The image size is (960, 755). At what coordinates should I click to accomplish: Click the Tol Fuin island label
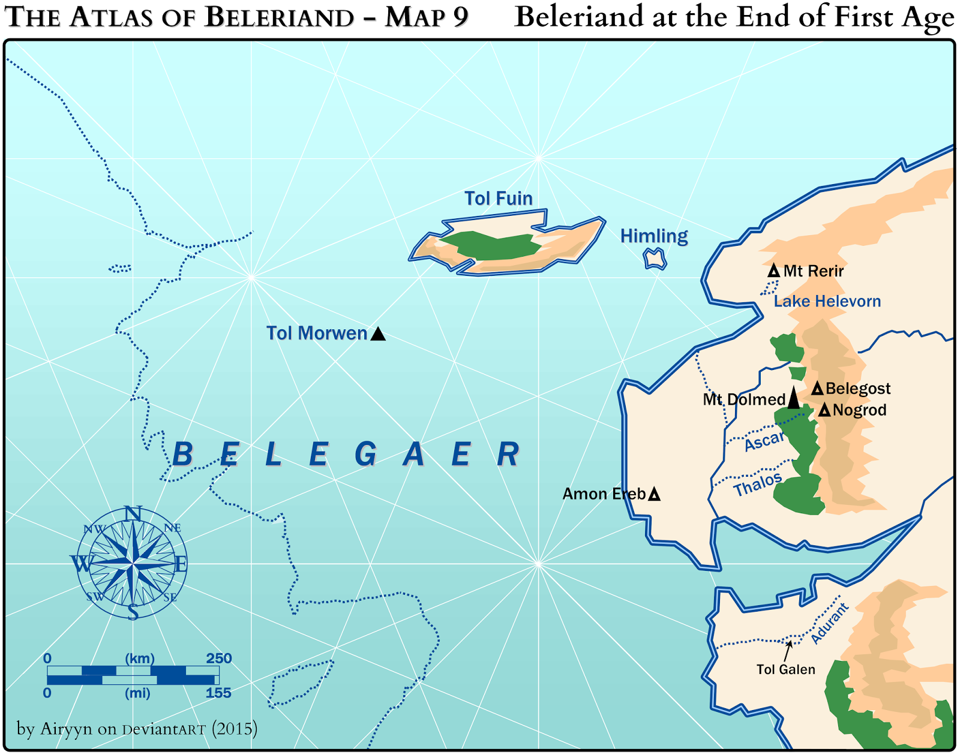click(499, 198)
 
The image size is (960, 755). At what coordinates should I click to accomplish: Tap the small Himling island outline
click(655, 260)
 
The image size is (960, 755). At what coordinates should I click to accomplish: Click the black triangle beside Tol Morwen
click(378, 334)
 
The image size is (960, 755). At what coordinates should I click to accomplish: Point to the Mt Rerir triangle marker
click(774, 271)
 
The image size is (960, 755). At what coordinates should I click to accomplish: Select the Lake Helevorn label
click(827, 301)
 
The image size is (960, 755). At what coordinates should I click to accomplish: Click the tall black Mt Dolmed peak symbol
click(793, 398)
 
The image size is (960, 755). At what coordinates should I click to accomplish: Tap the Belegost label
click(858, 389)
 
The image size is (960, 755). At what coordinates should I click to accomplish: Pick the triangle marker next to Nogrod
click(824, 410)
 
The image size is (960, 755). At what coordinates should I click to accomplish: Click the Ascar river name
click(764, 442)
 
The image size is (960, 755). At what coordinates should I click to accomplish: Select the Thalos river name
click(758, 484)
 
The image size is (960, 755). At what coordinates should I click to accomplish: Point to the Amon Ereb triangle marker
click(655, 495)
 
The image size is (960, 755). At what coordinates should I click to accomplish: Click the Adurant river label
click(830, 624)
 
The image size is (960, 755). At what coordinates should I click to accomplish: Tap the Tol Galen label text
click(785, 670)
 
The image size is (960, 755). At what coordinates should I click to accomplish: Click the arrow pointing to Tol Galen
click(787, 651)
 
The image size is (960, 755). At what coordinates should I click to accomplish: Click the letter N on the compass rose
click(133, 514)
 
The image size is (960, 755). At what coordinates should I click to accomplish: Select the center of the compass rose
click(133, 564)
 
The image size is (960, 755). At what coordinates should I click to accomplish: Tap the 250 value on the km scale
click(218, 658)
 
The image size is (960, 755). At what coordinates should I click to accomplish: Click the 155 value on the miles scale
click(218, 693)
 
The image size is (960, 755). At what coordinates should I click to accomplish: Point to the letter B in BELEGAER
click(182, 455)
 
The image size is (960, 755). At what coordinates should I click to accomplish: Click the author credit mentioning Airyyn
click(137, 729)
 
